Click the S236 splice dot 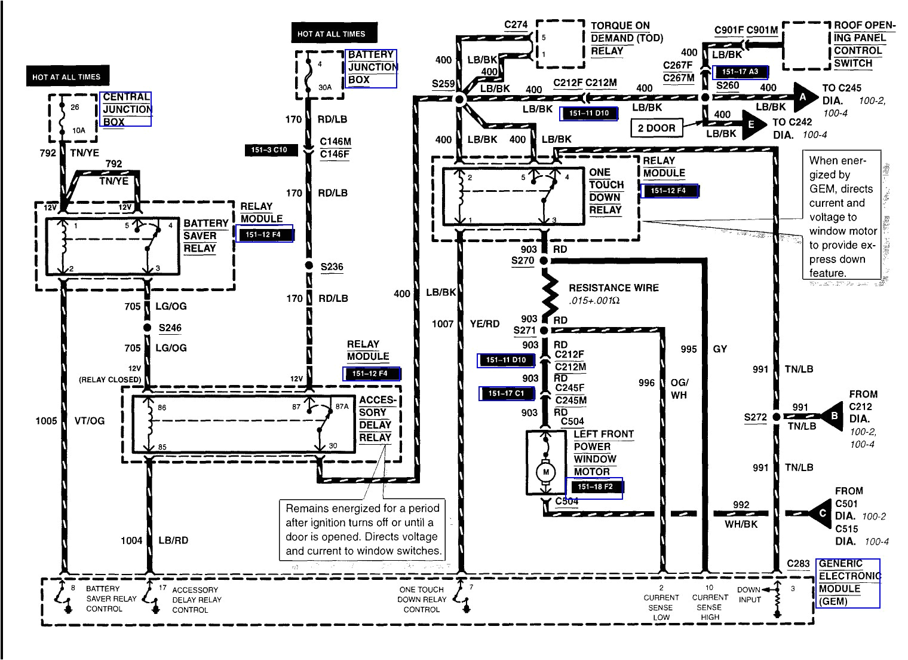309,266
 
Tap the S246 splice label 170,328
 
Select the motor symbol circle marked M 545,472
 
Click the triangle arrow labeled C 821,513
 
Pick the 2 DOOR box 656,128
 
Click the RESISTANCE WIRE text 613,288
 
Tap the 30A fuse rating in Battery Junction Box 324,87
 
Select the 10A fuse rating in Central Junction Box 78,130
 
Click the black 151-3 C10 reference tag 271,150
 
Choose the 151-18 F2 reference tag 594,487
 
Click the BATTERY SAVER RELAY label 205,236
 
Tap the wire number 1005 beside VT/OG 46,421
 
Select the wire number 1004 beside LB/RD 131,540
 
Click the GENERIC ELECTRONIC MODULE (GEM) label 847,582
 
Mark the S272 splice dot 776,417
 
